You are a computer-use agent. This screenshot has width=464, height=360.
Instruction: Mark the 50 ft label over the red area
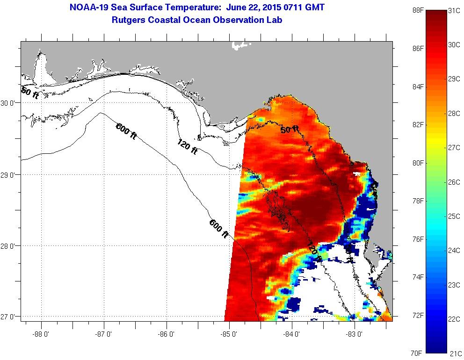290,129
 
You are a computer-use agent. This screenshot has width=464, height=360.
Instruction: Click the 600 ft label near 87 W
126,130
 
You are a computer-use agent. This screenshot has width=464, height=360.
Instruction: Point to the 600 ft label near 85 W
219,229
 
